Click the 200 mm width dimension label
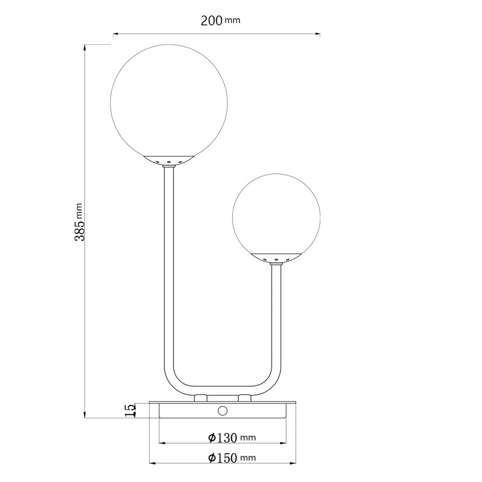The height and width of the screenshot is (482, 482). (x=220, y=21)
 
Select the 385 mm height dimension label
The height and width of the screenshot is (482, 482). (x=79, y=222)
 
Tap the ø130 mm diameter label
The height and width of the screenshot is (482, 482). (x=232, y=437)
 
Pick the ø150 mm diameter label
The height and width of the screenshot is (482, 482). (x=232, y=458)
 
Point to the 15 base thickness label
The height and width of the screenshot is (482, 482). (x=130, y=410)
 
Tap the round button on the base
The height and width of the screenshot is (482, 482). (x=222, y=410)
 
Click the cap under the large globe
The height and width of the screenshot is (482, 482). (x=169, y=161)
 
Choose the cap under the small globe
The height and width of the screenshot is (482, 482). (x=276, y=258)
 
